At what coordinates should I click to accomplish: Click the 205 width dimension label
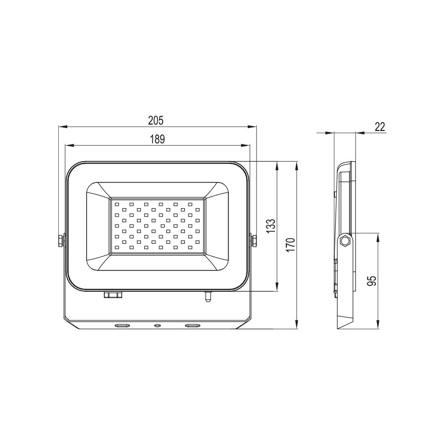point(156,120)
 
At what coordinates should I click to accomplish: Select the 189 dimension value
point(157,139)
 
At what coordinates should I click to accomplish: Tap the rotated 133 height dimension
point(270,227)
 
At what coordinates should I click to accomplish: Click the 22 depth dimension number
point(379,127)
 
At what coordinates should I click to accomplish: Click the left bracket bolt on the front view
point(61,241)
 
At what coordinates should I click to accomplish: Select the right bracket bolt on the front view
point(255,241)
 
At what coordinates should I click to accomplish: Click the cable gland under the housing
point(113,295)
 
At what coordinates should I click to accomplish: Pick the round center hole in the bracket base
point(157,325)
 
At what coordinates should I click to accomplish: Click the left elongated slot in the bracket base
point(122,325)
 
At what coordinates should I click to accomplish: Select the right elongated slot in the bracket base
point(192,325)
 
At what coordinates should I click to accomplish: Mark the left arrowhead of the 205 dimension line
point(62,127)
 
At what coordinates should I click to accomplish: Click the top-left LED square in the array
point(117,203)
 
